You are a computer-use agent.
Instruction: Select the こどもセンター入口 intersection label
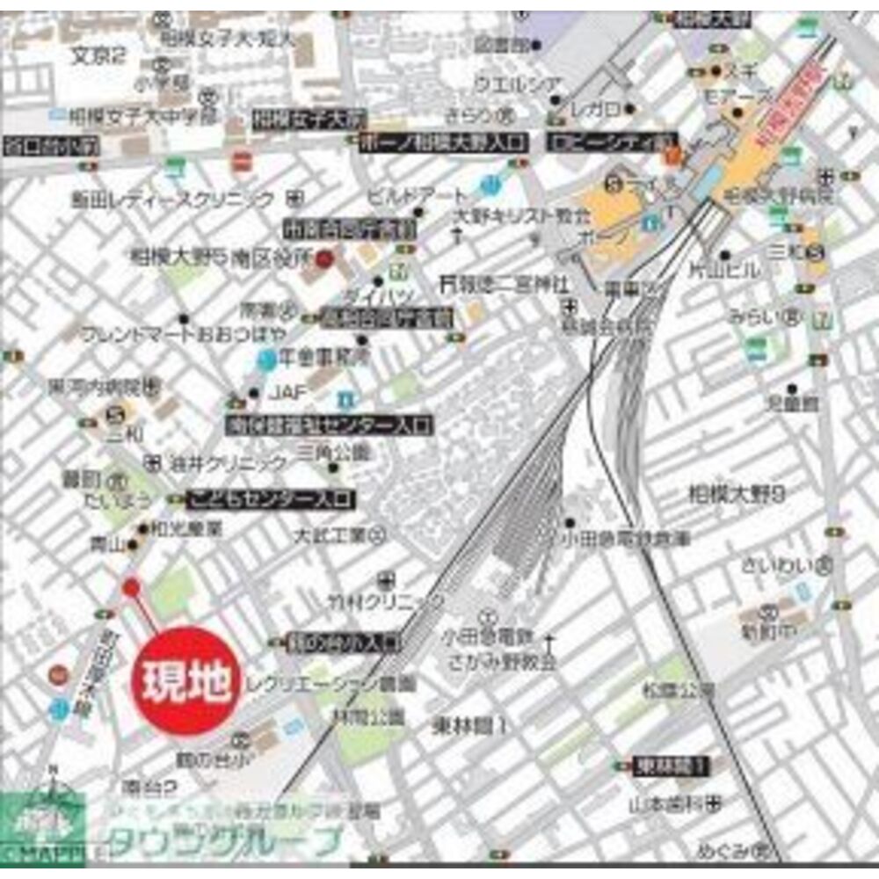[x=272, y=500]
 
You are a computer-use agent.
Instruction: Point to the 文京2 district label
[x=98, y=54]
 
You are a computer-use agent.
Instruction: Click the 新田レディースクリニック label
[x=178, y=200]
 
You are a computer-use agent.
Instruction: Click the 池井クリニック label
[x=228, y=461]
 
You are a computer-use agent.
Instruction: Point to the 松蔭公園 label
[x=678, y=692]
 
